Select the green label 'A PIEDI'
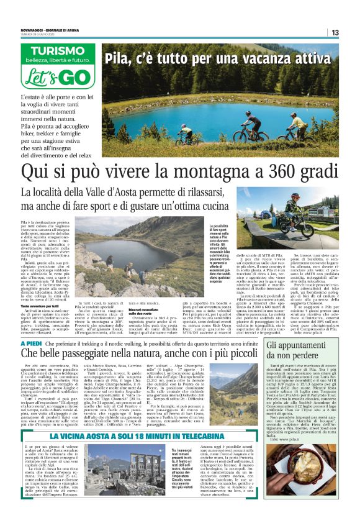[x=32, y=343]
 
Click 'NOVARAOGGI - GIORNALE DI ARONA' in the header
[x=50, y=25]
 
